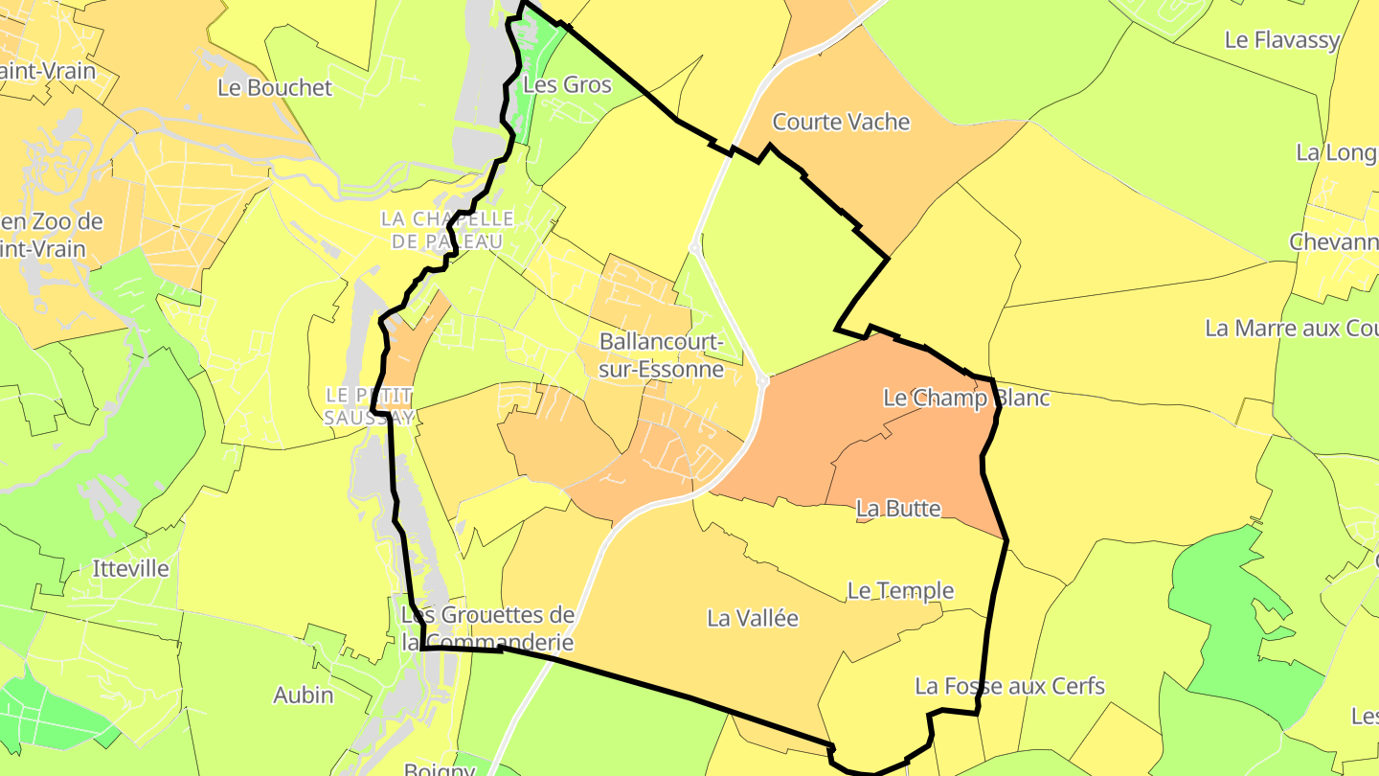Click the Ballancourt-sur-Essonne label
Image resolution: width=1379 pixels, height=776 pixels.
[x=661, y=354]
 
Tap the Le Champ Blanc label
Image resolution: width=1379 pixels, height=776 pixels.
[x=966, y=398]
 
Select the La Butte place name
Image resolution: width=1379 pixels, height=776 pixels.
[x=898, y=509]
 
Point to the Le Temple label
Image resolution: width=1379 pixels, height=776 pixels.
[x=900, y=591]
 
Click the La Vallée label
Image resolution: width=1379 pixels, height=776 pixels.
[x=753, y=619]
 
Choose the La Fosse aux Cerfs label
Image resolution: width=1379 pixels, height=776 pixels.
[x=1009, y=686]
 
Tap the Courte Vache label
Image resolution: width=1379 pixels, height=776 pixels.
[x=841, y=122]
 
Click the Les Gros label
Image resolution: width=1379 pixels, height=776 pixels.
[x=567, y=84]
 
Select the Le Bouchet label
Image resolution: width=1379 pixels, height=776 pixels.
[x=275, y=87]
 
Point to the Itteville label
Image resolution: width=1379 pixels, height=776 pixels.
[x=131, y=568]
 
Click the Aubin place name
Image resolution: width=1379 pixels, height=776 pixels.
[x=304, y=695]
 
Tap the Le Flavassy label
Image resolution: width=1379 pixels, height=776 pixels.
[x=1281, y=40]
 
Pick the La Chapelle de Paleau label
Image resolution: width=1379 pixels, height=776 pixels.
[x=447, y=230]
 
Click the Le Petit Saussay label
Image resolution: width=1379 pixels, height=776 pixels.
[x=369, y=406]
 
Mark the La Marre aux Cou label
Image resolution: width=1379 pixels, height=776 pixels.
[x=1291, y=328]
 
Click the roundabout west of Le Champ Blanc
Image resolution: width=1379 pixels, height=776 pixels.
[x=763, y=381]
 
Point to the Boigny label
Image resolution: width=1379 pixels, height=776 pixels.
[x=439, y=769]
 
